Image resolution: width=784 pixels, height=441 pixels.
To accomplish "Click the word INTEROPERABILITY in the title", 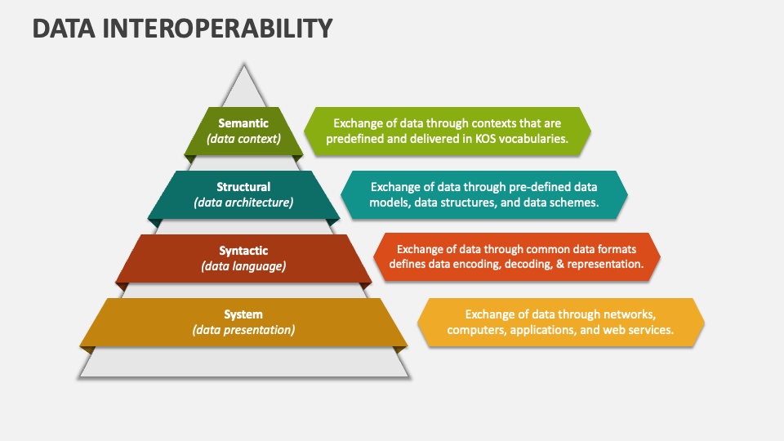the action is [217, 28].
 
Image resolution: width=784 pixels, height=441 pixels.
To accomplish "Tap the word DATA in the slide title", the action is [64, 28].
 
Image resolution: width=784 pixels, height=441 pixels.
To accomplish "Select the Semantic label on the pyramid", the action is [243, 123].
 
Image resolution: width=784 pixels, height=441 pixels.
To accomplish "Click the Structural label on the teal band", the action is [243, 187].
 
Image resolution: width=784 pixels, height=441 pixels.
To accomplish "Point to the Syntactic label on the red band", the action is [243, 251].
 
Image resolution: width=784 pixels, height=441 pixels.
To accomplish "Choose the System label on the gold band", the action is [243, 314].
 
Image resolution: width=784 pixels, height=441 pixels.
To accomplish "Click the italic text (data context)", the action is [243, 139].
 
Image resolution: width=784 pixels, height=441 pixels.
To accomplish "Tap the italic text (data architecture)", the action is [243, 203].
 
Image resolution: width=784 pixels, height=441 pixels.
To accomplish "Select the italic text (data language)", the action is [243, 266].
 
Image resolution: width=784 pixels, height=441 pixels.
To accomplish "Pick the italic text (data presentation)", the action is [243, 330].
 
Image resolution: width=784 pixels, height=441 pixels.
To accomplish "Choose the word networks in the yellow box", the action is [630, 314].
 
